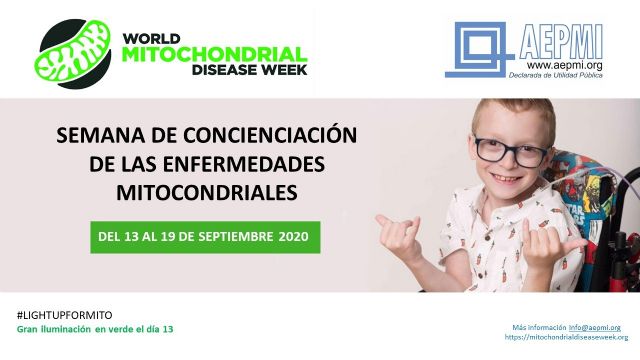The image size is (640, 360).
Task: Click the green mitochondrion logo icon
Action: tap(73, 49)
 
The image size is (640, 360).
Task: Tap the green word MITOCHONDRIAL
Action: tap(213, 52)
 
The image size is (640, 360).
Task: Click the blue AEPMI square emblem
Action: tap(479, 48)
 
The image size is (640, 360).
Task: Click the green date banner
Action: tap(205, 238)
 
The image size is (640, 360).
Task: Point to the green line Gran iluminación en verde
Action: tap(101, 329)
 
